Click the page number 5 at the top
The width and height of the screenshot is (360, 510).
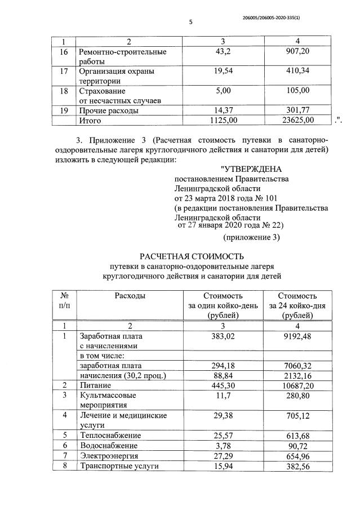pyautogui.click(x=190, y=22)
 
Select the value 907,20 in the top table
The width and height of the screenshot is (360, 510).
pyautogui.click(x=298, y=52)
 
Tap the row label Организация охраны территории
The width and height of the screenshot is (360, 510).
pyautogui.click(x=115, y=76)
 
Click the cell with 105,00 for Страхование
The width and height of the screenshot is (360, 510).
pyautogui.click(x=298, y=91)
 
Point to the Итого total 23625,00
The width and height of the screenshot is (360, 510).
pyautogui.click(x=298, y=119)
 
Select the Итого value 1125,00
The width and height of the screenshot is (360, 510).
pyautogui.click(x=224, y=119)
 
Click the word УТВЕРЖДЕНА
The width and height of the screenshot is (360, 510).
pyautogui.click(x=251, y=168)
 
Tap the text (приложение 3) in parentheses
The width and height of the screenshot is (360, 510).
pyautogui.click(x=251, y=237)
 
